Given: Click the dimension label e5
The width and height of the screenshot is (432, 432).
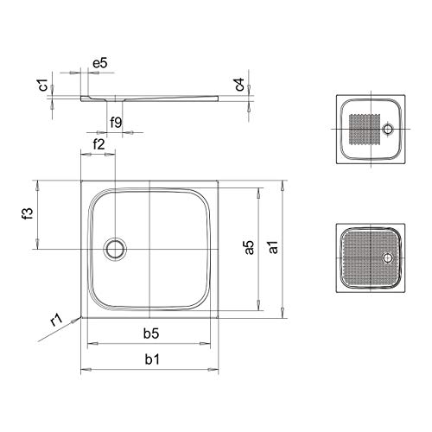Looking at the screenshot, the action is point(100,63).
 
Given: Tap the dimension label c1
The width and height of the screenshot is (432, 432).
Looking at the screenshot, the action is point(43,85).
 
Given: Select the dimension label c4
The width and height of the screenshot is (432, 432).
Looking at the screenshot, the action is point(239,85).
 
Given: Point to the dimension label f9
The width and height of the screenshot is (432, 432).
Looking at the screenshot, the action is point(116,123).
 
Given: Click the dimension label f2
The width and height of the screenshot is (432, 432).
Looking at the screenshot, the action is point(98,144).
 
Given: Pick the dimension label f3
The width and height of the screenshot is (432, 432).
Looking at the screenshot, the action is point(28,213).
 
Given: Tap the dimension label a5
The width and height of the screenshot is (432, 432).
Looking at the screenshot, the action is point(250,247).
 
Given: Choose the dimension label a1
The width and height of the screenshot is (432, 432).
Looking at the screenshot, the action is point(273,247).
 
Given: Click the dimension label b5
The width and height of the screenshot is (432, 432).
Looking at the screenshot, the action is point(151,334).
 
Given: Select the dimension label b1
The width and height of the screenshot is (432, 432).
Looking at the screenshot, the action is point(152,359).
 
